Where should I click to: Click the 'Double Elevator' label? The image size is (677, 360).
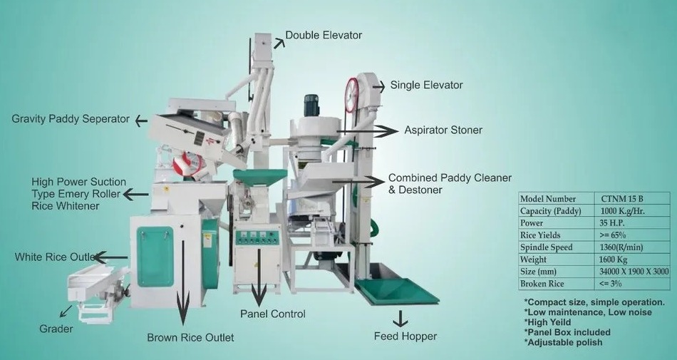(x=324, y=35)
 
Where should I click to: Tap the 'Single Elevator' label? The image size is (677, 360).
(x=426, y=85)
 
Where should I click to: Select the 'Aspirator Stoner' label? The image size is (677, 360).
(x=443, y=130)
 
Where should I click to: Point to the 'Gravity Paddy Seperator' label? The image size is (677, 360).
(x=71, y=118)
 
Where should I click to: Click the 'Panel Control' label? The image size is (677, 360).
(x=272, y=314)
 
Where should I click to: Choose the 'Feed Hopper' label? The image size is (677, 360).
(x=405, y=336)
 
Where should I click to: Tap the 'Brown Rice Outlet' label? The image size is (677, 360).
(x=190, y=337)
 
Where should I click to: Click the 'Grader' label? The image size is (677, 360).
(x=56, y=329)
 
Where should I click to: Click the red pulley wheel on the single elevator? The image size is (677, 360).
(x=351, y=94)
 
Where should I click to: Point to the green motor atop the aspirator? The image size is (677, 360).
(x=311, y=106)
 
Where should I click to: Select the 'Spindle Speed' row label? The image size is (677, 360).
(x=547, y=247)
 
